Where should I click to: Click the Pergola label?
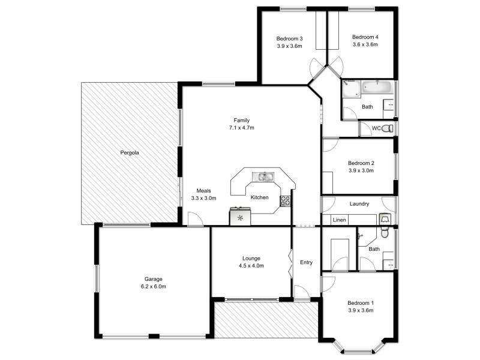128,153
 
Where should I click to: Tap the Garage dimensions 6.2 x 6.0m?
154,287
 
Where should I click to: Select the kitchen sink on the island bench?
263,176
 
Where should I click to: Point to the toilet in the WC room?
388,128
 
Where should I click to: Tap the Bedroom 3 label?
289,38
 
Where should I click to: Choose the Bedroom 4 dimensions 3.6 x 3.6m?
365,45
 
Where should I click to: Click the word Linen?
340,220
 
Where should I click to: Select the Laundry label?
359,204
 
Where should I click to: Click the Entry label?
306,262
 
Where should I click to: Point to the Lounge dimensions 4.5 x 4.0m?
251,266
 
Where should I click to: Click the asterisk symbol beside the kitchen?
241,217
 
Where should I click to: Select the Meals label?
203,190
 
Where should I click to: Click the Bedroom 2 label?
361,163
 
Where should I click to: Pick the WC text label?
376,128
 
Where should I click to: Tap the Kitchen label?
259,197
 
